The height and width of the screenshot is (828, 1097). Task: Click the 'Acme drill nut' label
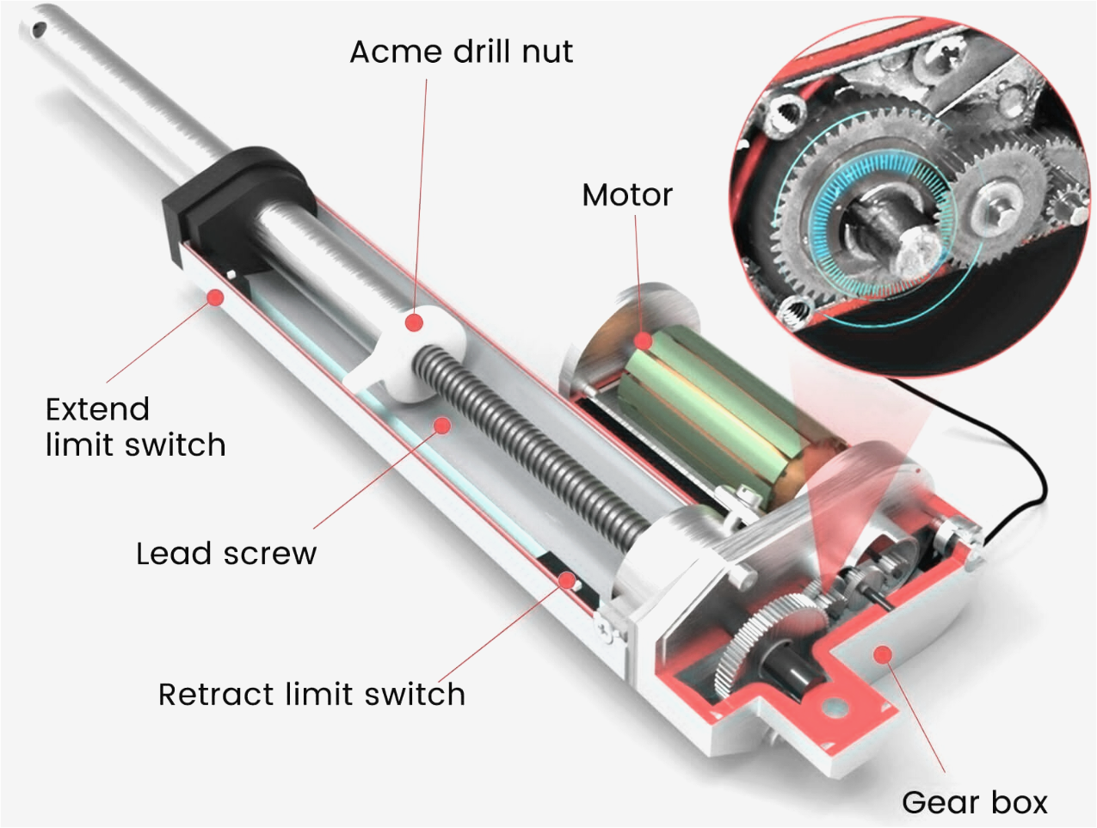click(x=460, y=52)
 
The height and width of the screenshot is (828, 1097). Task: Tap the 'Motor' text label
click(x=626, y=195)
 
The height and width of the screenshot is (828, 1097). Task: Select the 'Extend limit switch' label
click(x=135, y=426)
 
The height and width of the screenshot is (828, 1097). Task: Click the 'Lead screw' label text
click(x=226, y=553)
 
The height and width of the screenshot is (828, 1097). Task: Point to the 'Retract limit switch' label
click(x=311, y=694)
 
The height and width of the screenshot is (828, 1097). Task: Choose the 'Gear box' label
click(x=974, y=802)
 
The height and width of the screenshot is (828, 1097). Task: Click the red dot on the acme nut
click(x=415, y=322)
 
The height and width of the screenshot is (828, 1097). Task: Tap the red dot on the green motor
click(x=644, y=341)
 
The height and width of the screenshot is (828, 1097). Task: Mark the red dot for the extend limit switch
click(x=215, y=297)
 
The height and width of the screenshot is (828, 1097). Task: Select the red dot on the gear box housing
click(x=882, y=655)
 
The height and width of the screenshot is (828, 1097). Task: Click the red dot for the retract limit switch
click(x=566, y=580)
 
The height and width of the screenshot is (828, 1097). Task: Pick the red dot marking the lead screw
click(x=442, y=425)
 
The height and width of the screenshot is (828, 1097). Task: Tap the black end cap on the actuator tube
click(x=232, y=206)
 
